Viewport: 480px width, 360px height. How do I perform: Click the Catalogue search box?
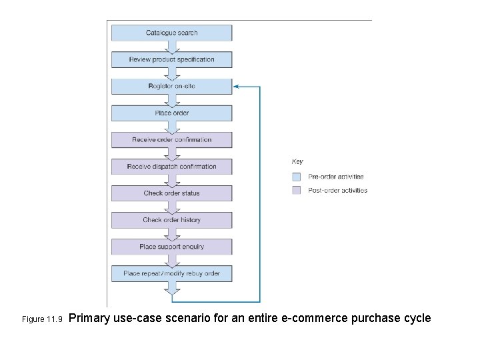pos(171,33)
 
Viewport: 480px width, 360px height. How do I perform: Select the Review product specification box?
pos(171,59)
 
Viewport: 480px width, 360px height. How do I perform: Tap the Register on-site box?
pos(171,86)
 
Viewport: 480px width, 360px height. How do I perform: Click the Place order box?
pos(171,113)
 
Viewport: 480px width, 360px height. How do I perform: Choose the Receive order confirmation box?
pos(171,140)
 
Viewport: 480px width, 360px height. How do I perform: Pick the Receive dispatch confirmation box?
pos(171,167)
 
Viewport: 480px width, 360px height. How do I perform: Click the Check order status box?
pos(171,193)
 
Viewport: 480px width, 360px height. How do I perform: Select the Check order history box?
pos(171,220)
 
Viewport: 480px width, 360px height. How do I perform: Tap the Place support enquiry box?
pos(171,247)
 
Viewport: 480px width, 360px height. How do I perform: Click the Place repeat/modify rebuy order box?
pos(171,273)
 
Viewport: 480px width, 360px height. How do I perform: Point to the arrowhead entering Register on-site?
pos(237,86)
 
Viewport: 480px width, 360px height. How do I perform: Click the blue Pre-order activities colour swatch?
pos(297,177)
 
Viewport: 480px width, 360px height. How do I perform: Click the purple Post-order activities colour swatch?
pos(297,190)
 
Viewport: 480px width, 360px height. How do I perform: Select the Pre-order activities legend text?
pos(336,177)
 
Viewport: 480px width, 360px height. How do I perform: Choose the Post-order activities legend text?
pos(337,190)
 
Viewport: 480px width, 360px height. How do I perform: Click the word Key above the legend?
pos(297,161)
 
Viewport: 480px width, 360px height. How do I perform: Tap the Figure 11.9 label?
pos(42,319)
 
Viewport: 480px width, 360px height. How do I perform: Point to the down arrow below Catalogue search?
pos(172,47)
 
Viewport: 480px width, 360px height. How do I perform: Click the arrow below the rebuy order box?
pos(172,288)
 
